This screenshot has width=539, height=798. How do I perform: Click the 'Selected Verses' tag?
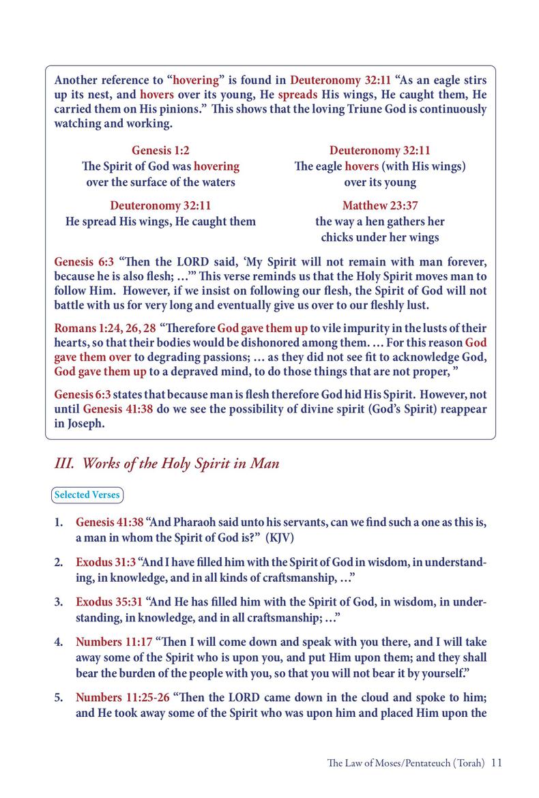click(x=88, y=494)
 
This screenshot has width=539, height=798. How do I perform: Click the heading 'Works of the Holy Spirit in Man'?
click(x=166, y=464)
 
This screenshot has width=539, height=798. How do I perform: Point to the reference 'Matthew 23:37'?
click(x=380, y=205)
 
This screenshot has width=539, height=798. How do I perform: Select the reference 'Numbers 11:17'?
click(x=113, y=642)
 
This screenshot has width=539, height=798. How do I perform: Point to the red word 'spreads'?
click(x=293, y=94)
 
